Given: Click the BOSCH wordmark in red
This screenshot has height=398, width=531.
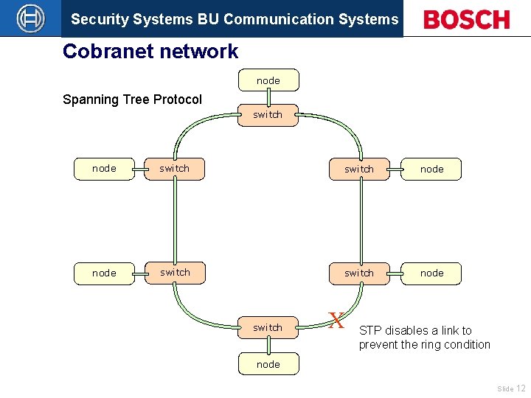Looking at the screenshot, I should tap(466, 19).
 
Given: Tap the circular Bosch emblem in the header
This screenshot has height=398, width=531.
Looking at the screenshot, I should tap(30, 18).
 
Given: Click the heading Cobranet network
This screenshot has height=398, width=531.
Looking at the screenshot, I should tap(150, 52).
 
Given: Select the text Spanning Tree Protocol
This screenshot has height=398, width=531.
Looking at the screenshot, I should tap(132, 99).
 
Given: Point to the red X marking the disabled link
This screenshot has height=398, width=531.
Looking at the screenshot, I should tap(336, 321).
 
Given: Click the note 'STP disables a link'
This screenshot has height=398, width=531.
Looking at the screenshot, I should tap(424, 338).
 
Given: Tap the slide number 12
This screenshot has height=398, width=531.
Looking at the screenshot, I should tap(521, 388).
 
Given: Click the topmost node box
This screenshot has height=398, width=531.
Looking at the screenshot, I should tap(268, 80).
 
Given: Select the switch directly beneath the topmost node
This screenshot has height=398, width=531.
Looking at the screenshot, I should tap(268, 115).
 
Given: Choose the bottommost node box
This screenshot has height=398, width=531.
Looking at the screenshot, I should tap(268, 364).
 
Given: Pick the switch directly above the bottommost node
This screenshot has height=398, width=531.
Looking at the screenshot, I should tap(268, 327).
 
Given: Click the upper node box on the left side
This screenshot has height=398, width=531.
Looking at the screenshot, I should tap(104, 169).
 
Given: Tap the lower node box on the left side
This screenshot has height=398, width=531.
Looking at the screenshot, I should tap(104, 273).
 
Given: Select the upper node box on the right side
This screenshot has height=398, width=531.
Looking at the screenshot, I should tap(431, 169).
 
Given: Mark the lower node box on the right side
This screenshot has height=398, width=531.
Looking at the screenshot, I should tap(431, 273).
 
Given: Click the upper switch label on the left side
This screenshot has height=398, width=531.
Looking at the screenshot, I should tap(175, 169).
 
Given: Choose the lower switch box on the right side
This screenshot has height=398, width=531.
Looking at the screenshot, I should tap(359, 273).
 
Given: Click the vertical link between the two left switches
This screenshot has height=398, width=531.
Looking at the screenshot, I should tap(176, 220).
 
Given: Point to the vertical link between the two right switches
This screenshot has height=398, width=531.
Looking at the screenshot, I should tap(360, 220).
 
